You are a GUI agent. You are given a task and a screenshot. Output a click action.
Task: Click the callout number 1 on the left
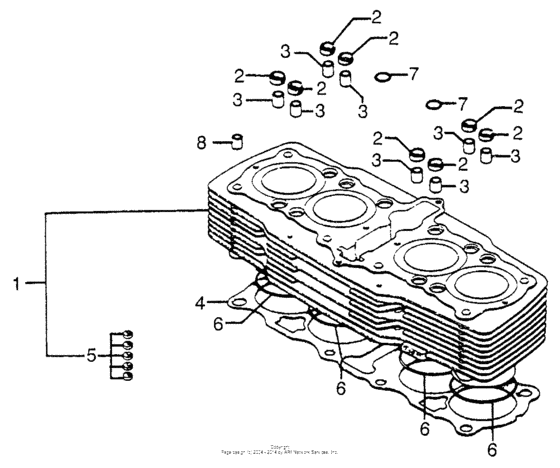click(x=16, y=284)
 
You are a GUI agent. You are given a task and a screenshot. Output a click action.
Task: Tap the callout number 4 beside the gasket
click(x=199, y=301)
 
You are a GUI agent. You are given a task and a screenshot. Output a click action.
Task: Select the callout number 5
click(x=92, y=353)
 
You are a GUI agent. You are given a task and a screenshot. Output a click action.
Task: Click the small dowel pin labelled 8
click(x=238, y=138)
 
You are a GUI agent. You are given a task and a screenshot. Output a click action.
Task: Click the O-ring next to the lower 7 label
click(x=433, y=103)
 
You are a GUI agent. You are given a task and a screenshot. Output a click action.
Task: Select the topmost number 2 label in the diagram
click(x=377, y=16)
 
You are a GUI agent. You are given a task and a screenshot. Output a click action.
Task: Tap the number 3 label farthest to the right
click(x=514, y=156)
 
